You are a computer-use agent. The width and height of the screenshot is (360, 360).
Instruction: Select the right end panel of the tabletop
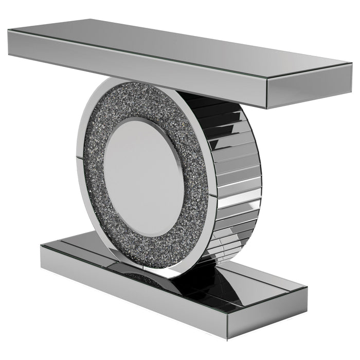309,90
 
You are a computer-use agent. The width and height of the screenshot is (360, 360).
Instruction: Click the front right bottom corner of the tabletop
267,109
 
